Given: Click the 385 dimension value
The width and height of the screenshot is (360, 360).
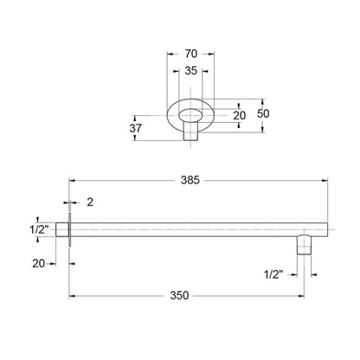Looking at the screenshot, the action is (190, 180).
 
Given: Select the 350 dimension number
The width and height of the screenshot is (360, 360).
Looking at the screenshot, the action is (179, 295).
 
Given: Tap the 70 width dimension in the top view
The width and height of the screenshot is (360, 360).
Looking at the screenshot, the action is (191, 54).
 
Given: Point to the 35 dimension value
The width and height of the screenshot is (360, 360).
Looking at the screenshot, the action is (190, 70).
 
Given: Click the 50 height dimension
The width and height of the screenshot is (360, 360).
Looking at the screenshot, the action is (263, 113).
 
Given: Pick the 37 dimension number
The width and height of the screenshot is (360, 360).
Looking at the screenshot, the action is (135, 128).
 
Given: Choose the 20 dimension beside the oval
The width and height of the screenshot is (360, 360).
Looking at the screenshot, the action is (240, 116).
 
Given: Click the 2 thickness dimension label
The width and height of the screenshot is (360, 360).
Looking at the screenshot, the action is (90, 202).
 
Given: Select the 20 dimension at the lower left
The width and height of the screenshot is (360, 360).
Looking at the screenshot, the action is (38, 263).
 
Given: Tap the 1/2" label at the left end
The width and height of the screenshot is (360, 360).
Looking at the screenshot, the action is (39, 230).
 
